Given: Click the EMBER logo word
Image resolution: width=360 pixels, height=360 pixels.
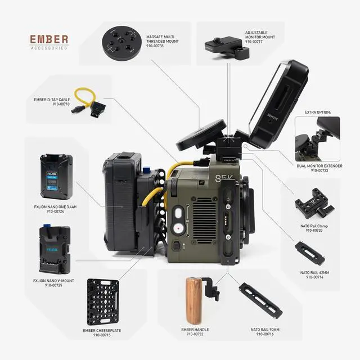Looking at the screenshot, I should pyautogui.click(x=49, y=39).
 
